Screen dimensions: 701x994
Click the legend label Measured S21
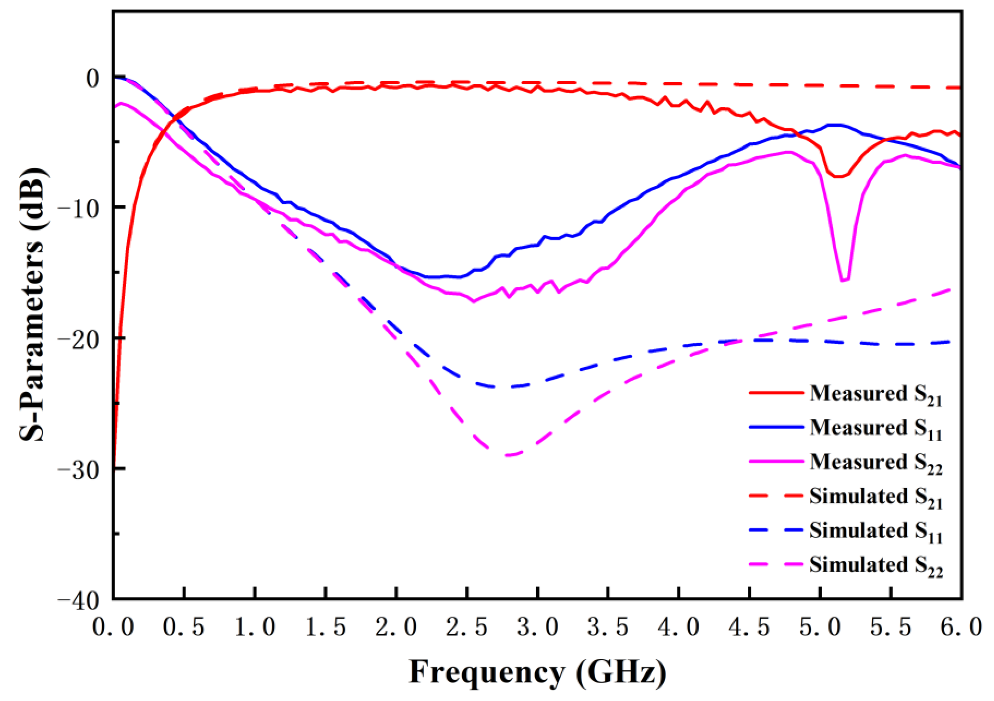coord(875,394)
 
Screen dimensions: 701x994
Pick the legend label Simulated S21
coord(875,497)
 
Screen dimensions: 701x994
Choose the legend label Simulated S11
coord(875,531)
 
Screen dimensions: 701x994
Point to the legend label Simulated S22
coord(875,565)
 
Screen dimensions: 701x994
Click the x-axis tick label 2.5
coord(467,627)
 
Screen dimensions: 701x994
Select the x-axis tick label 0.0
coord(113,627)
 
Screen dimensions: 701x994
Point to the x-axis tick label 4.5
coord(750,627)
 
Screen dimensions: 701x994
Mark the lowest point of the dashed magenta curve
coord(509,455)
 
